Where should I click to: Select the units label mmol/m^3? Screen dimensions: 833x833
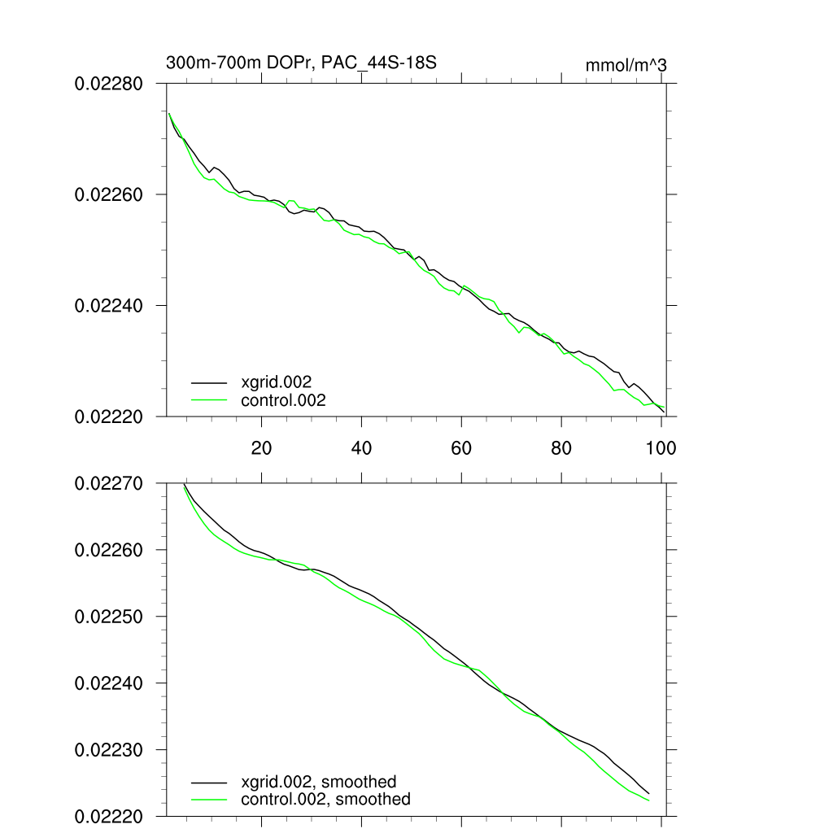click(626, 65)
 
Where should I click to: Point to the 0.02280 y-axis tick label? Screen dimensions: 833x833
click(110, 84)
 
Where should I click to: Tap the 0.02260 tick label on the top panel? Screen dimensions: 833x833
click(110, 195)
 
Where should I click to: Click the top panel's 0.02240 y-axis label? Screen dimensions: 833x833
click(110, 306)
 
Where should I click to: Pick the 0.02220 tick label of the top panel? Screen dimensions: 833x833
click(110, 416)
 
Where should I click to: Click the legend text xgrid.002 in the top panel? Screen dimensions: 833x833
click(277, 381)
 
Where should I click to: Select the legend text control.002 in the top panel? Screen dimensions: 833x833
click(283, 399)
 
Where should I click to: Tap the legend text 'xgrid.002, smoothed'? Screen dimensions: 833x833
click(319, 781)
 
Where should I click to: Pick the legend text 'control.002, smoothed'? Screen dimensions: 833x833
click(325, 800)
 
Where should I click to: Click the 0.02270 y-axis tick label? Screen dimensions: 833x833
click(110, 483)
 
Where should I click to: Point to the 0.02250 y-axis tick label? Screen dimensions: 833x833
click(110, 617)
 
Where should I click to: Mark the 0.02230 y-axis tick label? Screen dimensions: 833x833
click(110, 750)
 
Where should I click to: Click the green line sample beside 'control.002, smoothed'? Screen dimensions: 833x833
click(209, 800)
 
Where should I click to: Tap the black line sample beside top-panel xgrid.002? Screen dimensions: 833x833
click(209, 381)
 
